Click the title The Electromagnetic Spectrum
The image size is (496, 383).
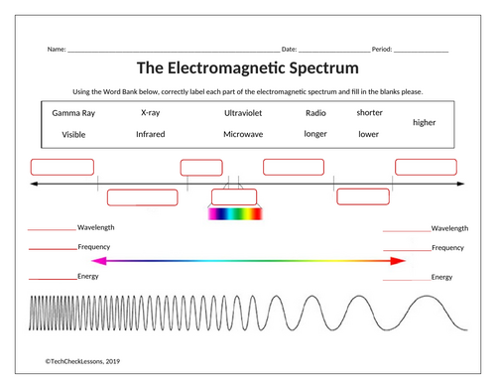[x=247, y=68]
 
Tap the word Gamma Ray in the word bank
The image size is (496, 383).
[x=72, y=113]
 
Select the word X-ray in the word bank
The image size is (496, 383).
[x=150, y=113]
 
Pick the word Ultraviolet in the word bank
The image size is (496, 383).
[x=243, y=113]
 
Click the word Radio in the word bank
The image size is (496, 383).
[x=315, y=113]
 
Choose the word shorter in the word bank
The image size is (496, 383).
[x=369, y=112]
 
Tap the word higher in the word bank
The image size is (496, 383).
[x=424, y=122]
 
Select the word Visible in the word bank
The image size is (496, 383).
[x=73, y=133]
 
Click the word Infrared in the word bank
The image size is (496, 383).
[x=150, y=133]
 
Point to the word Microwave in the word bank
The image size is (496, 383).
[x=243, y=133]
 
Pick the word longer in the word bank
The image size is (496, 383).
[x=315, y=133]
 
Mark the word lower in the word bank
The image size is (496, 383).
[x=368, y=133]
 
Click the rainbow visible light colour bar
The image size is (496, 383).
[x=234, y=212]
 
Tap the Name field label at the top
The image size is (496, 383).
[x=56, y=49]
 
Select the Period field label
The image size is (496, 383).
[x=382, y=49]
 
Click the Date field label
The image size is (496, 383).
[x=289, y=49]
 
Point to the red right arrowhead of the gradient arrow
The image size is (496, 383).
[x=398, y=261]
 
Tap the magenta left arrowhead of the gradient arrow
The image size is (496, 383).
[x=96, y=261]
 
